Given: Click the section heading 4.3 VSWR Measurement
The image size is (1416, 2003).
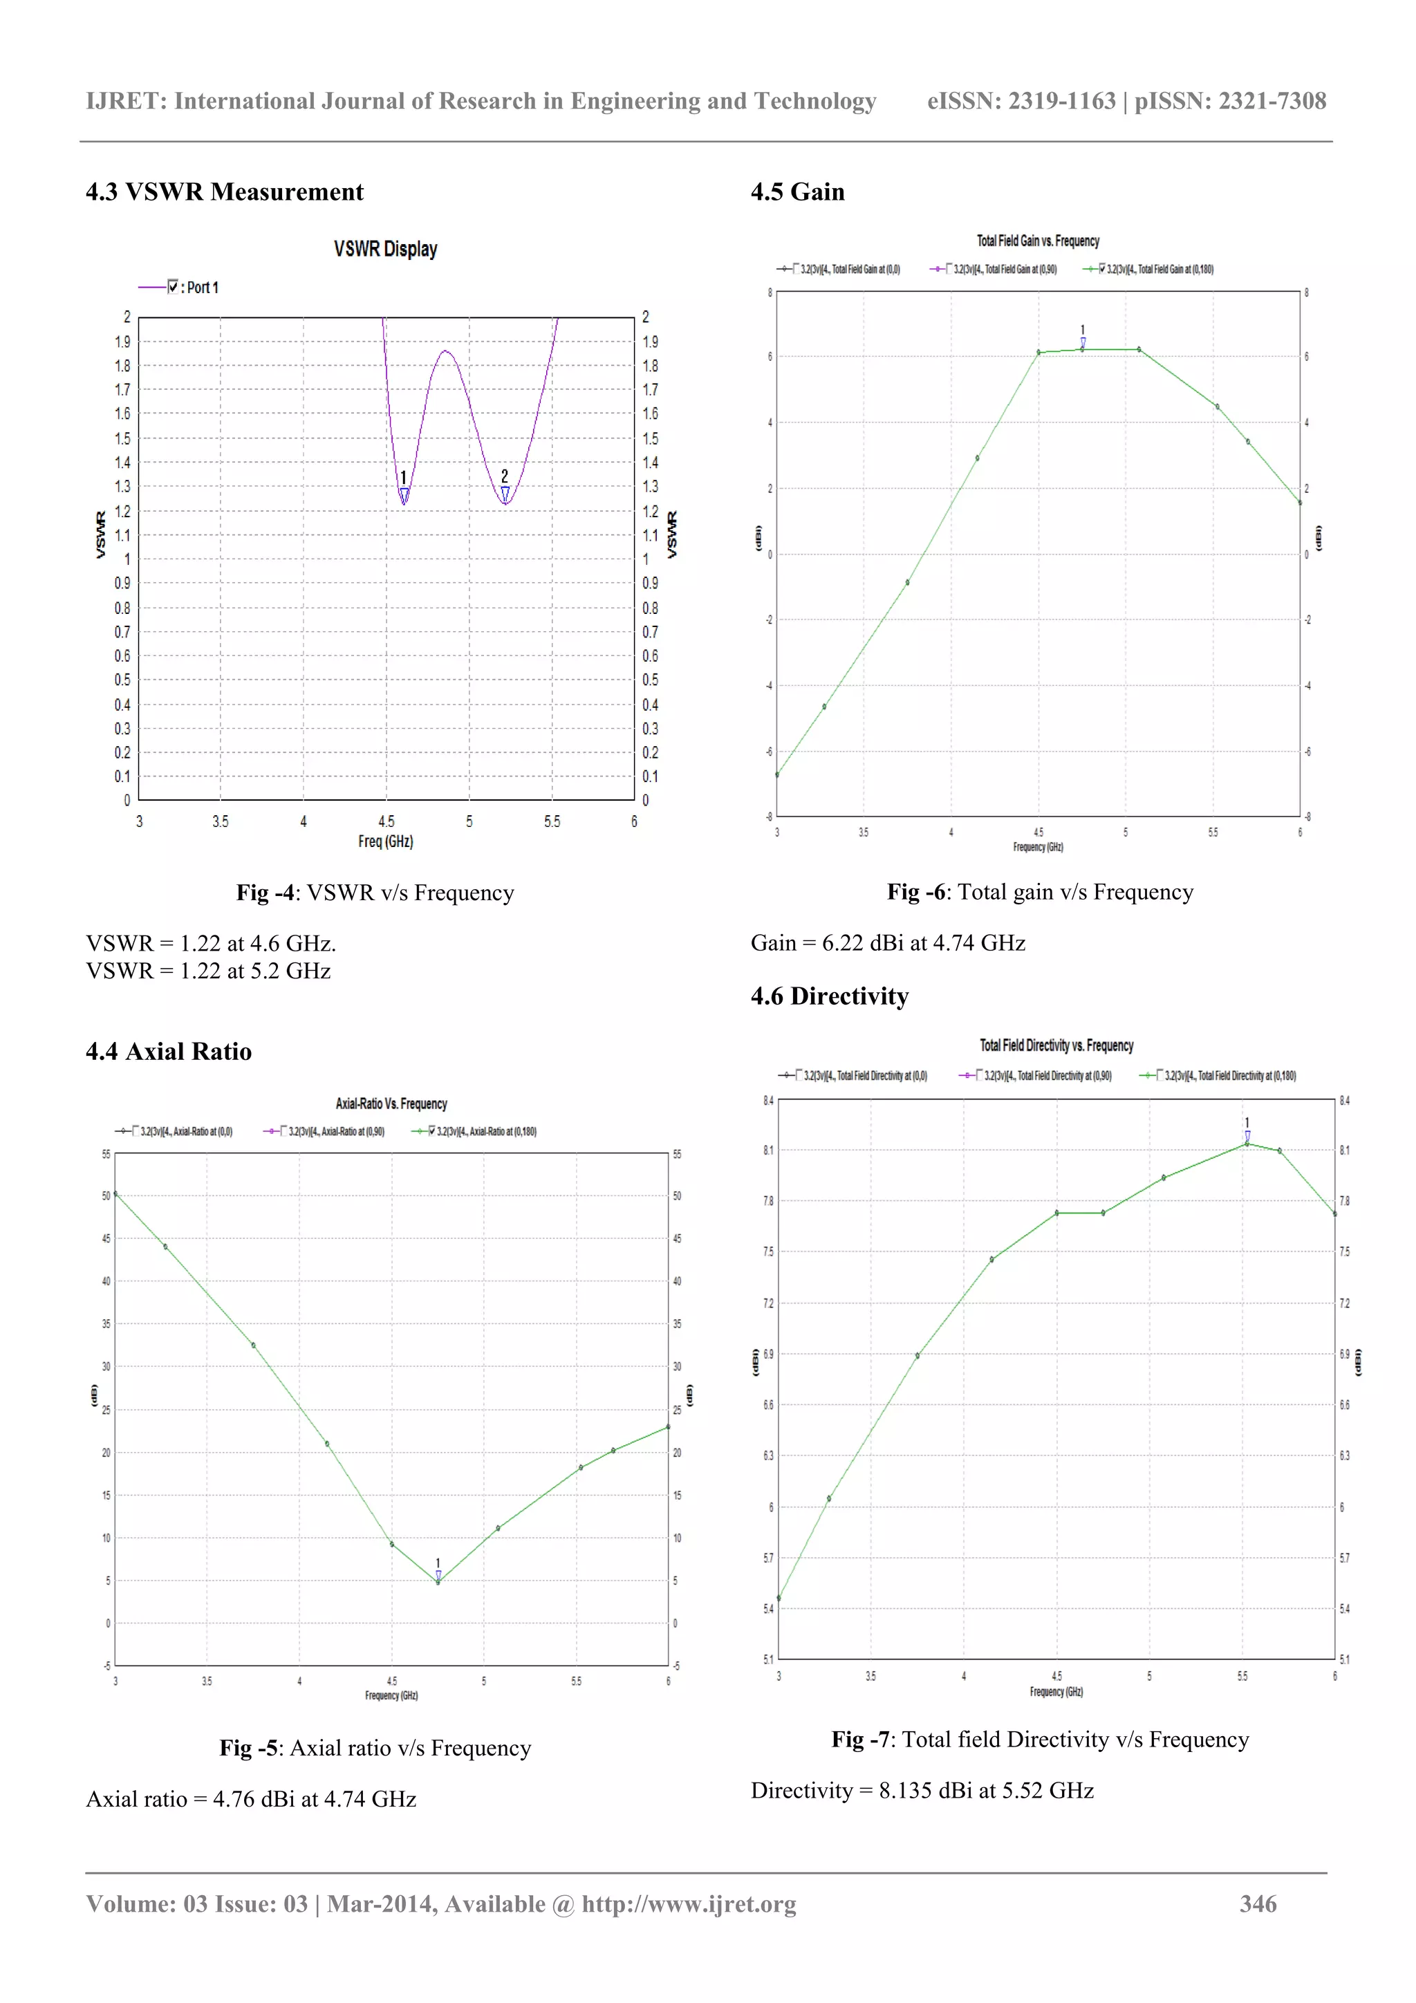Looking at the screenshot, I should (224, 192).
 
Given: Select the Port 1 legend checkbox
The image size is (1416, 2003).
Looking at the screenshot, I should (173, 287).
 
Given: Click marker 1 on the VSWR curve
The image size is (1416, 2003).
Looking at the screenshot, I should (404, 494).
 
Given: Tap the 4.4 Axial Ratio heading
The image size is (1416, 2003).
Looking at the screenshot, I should (169, 1051).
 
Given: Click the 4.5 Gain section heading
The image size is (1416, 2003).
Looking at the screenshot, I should (797, 192).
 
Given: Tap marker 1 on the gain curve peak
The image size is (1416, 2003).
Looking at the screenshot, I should (1083, 343).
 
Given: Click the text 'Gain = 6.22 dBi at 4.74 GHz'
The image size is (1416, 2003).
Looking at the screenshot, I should (887, 943).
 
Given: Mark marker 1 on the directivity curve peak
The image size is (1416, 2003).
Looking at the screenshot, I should (1247, 1135).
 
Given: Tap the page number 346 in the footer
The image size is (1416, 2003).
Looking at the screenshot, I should (1257, 1903).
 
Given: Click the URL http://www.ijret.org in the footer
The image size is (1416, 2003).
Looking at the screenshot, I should (689, 1903).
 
